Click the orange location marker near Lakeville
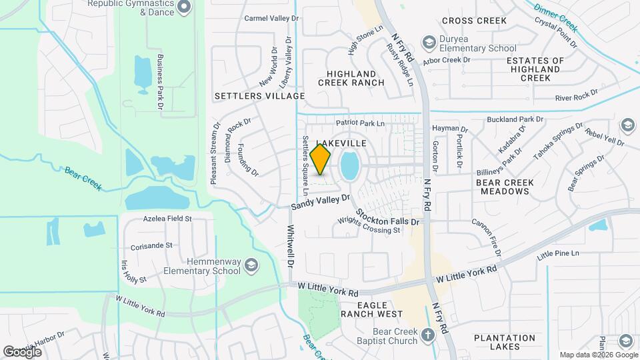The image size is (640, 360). point(321,159)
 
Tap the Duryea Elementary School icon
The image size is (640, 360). point(430,43)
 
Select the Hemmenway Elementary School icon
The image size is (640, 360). point(251,266)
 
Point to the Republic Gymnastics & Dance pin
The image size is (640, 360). point(185,7)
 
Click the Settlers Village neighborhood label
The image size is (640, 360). point(259,96)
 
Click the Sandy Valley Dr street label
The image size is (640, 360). point(320,202)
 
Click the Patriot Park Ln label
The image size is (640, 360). point(361,123)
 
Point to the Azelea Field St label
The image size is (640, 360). point(167,218)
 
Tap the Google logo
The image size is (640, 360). point(22,351)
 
